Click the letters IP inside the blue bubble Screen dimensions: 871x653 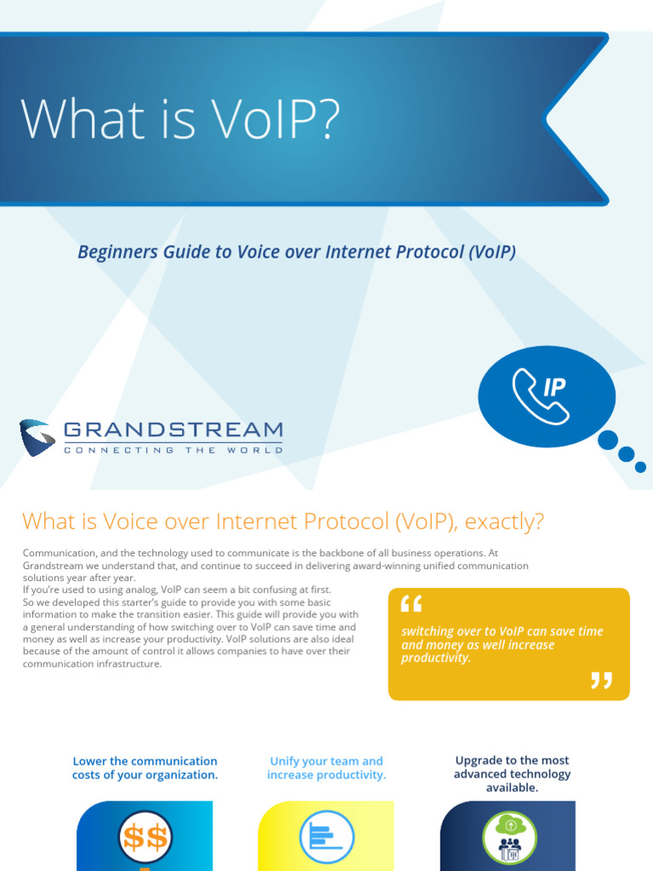pos(554,388)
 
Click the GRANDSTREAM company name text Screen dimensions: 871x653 pos(173,430)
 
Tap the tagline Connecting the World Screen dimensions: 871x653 pos(173,450)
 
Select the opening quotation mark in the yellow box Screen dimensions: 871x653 pos(411,604)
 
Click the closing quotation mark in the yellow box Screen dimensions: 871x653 pos(601,680)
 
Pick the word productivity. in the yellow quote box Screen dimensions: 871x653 pos(436,658)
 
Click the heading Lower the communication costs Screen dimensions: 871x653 pos(145,768)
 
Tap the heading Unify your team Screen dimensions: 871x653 pos(326,768)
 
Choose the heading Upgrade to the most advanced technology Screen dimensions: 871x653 pos(512,774)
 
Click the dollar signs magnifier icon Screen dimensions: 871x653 pos(145,839)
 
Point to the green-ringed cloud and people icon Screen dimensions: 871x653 pos(509,839)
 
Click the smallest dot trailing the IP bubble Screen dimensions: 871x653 pos(640,467)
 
